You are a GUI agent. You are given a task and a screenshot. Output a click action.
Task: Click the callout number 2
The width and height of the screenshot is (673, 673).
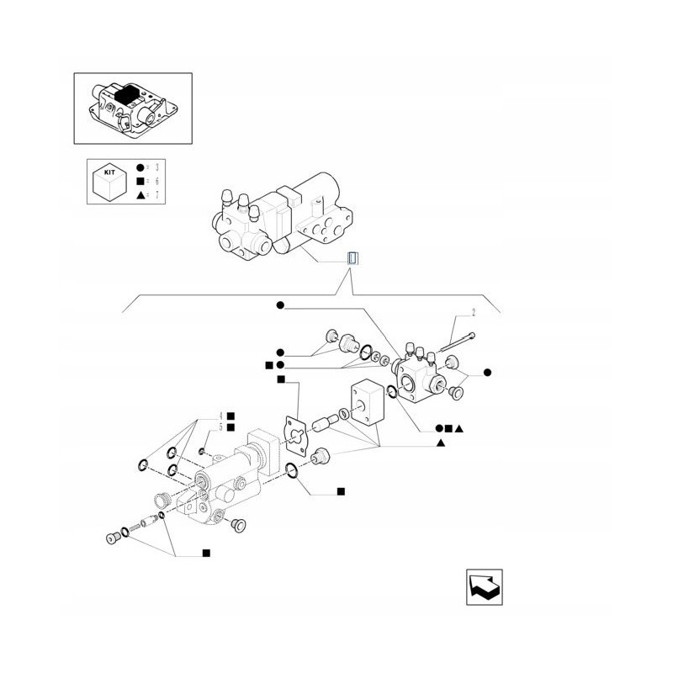tap(473, 313)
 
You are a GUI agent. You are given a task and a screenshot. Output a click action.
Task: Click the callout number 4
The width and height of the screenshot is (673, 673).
tap(221, 416)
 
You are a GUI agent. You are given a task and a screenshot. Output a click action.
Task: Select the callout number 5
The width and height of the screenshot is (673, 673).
tap(221, 427)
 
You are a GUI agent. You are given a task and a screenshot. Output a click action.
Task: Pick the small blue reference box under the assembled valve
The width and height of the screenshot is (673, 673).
tap(353, 258)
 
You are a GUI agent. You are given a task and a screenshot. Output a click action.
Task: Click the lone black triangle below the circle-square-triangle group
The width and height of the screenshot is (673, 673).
tap(440, 442)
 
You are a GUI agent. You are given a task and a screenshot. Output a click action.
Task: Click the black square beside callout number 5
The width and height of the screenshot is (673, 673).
tap(231, 427)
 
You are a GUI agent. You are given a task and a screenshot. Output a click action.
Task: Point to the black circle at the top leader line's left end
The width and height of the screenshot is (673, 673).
tap(280, 305)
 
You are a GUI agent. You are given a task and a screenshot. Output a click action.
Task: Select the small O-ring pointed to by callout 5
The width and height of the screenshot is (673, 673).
tap(203, 452)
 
